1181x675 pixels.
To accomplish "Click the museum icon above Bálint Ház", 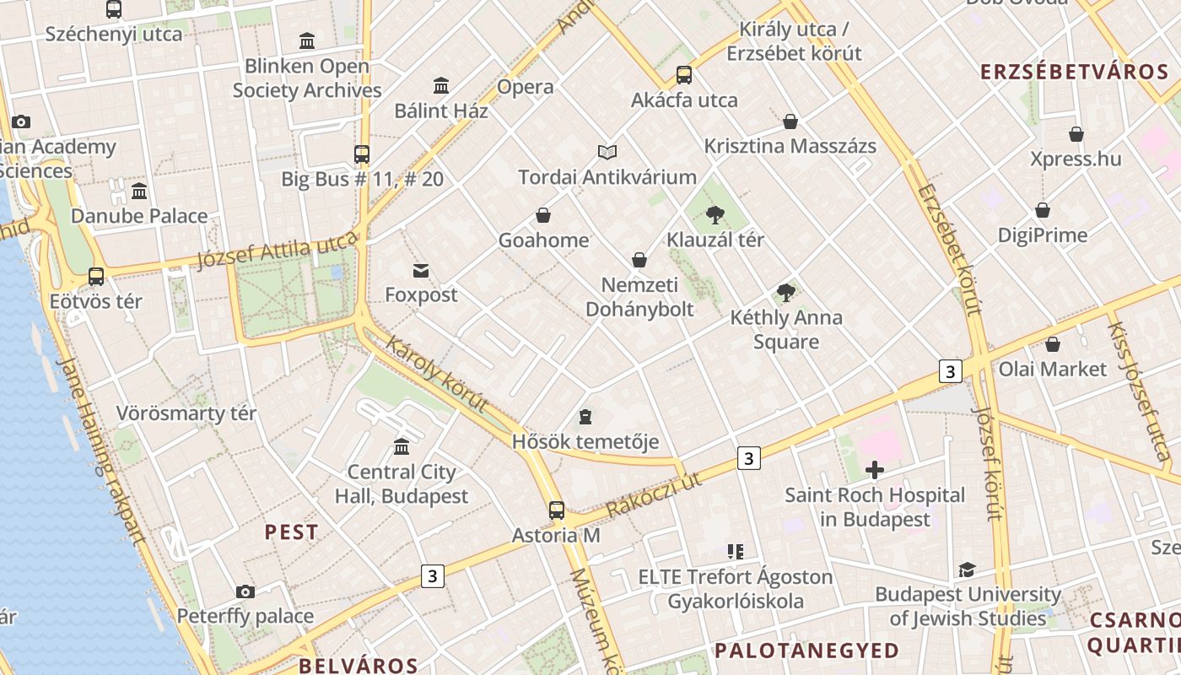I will [440, 85].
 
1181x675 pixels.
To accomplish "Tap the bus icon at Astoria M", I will [556, 510].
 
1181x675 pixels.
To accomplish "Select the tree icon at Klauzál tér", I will [715, 215].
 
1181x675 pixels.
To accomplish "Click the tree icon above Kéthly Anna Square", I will [785, 293].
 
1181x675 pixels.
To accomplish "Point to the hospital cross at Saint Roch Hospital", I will [875, 470].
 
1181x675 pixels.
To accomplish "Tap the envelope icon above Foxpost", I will [420, 270].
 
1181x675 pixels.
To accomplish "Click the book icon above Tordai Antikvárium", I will [607, 153].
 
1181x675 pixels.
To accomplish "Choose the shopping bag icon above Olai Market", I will [1052, 344].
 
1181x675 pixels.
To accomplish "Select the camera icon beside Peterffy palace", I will [245, 591].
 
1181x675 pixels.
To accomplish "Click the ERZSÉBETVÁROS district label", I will [1074, 72].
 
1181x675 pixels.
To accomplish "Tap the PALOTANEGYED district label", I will [807, 651].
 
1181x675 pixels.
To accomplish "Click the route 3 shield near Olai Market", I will [951, 371].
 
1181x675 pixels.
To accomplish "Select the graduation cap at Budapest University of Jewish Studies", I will [967, 570].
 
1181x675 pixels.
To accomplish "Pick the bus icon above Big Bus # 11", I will [362, 154].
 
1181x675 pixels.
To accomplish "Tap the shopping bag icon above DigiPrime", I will [1043, 210].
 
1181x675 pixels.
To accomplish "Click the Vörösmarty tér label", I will [186, 413].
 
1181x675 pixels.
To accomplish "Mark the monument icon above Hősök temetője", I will [585, 417].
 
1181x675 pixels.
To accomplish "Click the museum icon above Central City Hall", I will [402, 446].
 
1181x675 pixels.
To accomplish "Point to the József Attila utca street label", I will [278, 250].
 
